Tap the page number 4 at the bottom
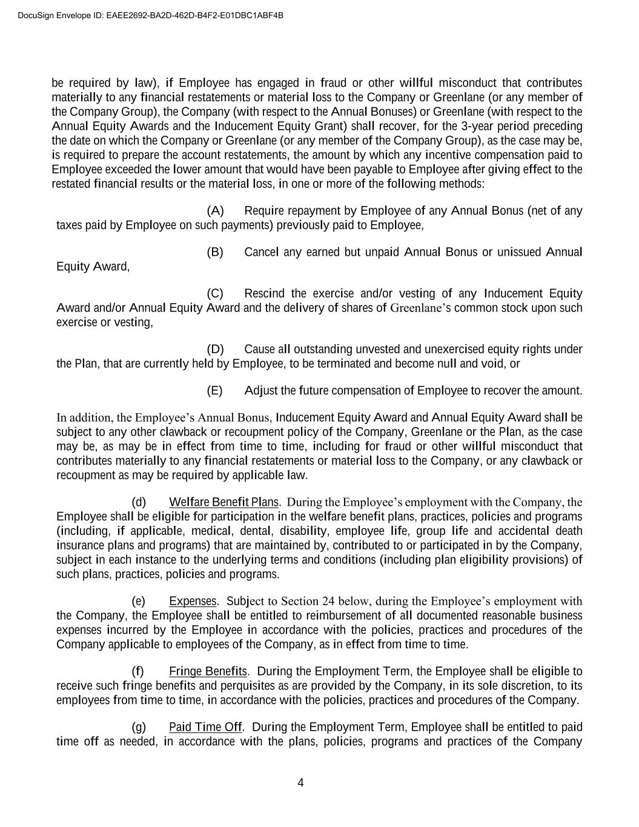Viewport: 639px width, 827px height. point(300,783)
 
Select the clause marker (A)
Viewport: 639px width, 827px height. point(215,211)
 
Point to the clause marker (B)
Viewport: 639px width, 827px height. point(215,252)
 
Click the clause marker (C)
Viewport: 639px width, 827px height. point(215,294)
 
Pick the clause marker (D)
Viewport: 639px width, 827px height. point(215,350)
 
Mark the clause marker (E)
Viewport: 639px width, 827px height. point(215,391)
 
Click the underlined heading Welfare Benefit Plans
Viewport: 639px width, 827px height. point(223,502)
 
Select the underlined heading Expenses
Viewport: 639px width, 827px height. point(193,601)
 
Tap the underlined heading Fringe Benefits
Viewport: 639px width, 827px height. point(208,671)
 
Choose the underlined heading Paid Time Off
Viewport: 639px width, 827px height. point(205,727)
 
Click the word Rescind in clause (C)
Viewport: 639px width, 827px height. point(264,294)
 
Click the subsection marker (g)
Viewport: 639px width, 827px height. point(139,727)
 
